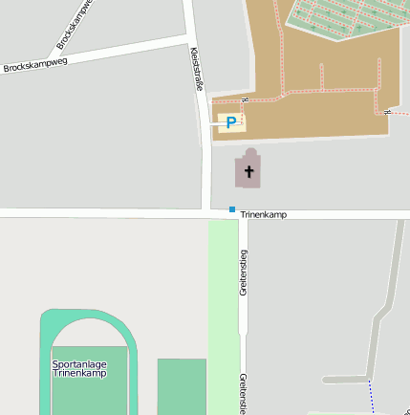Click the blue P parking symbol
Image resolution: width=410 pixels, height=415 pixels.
(229, 121)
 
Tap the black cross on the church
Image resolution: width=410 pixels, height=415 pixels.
(249, 172)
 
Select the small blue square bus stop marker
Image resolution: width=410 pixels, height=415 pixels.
(231, 208)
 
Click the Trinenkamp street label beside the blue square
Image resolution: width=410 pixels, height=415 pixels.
(263, 215)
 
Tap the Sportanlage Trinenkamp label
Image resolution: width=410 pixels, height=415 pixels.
(79, 368)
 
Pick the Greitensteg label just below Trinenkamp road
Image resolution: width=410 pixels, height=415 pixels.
(244, 273)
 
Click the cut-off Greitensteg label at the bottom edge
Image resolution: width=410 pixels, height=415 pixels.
(244, 394)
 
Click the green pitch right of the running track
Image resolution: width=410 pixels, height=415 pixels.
(182, 385)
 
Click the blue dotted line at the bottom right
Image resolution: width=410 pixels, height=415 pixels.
(371, 396)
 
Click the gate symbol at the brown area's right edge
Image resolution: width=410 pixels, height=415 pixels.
(387, 112)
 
